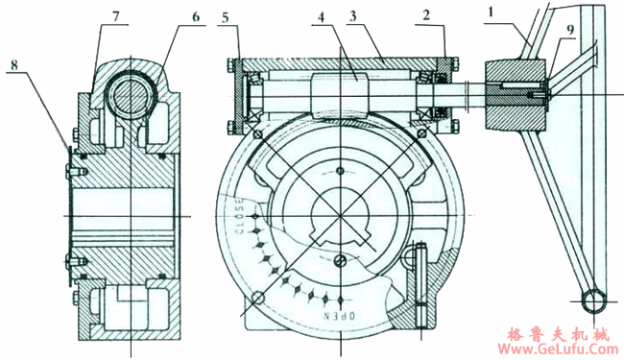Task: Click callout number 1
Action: point(491,12)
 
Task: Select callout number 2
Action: point(426,15)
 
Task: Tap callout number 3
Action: point(352,16)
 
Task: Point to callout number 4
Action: point(322,16)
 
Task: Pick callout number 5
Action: point(226,18)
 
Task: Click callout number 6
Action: point(196,16)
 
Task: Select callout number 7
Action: point(115,16)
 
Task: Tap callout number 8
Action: point(14,65)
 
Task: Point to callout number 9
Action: point(570,30)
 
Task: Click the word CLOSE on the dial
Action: point(239,216)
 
